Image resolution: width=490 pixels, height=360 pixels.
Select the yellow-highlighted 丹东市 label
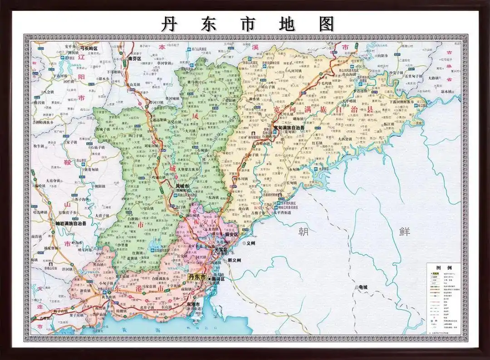pyautogui.click(x=197, y=277)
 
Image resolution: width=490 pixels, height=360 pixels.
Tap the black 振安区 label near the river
pyautogui.click(x=231, y=235)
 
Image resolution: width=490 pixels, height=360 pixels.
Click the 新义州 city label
pyautogui.click(x=236, y=260)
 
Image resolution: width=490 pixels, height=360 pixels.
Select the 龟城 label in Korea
pyautogui.click(x=363, y=287)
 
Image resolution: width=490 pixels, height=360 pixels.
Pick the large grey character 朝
pyautogui.click(x=303, y=232)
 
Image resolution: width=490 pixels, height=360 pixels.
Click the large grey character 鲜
pyautogui.click(x=405, y=232)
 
